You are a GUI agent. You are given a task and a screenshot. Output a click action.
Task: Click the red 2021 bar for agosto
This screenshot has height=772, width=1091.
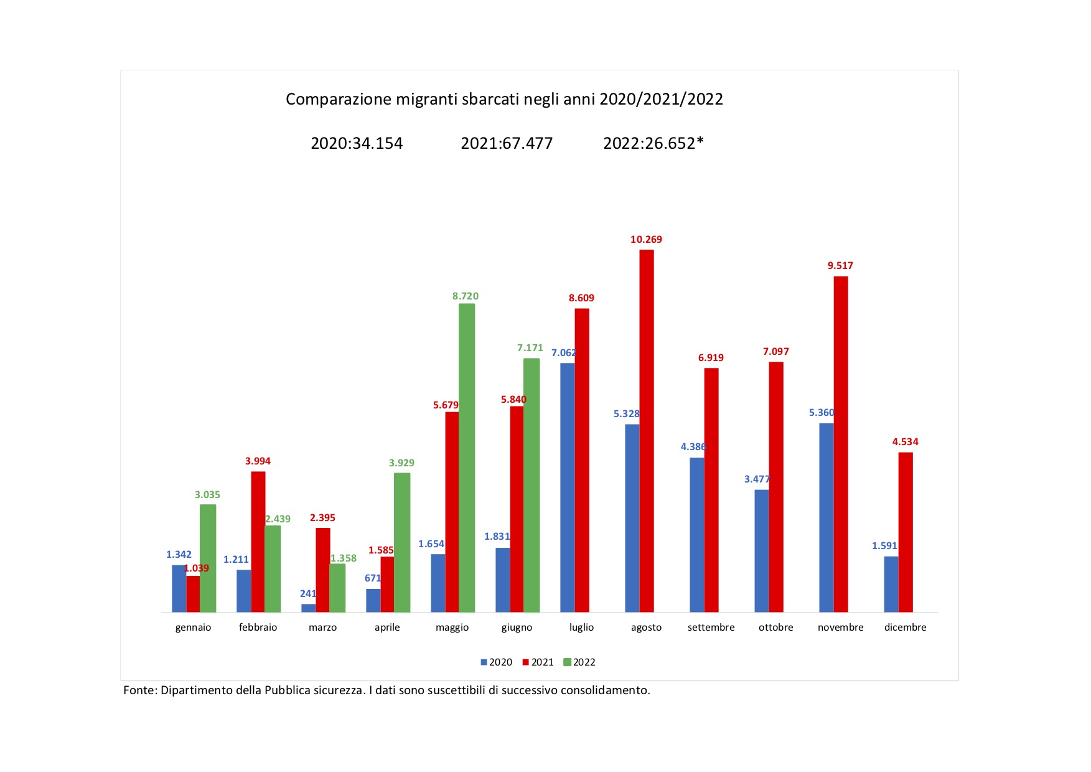coord(647,431)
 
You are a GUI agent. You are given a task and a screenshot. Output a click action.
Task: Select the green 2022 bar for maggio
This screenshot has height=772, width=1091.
coord(467,458)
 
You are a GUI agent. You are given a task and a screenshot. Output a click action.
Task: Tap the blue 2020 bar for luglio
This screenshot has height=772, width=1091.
coord(567,487)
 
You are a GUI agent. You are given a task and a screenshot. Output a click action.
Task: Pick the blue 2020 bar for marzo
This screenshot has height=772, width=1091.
coord(308,608)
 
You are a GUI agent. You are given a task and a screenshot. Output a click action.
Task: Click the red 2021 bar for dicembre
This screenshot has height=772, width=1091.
coord(906,532)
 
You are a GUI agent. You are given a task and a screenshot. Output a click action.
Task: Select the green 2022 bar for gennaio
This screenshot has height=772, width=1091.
coord(208,558)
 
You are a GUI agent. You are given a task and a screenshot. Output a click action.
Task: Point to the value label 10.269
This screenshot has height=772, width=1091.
coord(646,240)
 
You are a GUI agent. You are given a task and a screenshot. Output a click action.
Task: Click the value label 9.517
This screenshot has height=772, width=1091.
coord(840,266)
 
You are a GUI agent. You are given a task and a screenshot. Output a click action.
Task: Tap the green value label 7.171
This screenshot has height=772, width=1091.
coord(530,348)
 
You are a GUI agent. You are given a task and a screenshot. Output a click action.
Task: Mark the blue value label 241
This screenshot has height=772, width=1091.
coord(308,594)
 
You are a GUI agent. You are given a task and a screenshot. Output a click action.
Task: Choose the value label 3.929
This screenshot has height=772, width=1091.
coord(401,463)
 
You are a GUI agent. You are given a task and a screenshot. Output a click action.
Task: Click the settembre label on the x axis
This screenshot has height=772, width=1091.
coord(711,628)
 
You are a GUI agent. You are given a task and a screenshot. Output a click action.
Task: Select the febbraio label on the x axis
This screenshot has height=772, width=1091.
coord(258,628)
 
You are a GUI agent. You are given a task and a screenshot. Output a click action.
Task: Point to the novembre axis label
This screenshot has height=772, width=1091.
coord(840,628)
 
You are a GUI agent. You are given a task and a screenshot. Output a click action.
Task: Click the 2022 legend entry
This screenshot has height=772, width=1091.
coord(579,662)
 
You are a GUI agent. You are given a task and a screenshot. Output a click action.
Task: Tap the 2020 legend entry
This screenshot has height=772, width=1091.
coord(497,662)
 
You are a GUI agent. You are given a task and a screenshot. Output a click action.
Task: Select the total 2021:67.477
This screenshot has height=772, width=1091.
coord(507,144)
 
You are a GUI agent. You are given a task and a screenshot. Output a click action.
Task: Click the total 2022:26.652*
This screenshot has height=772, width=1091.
coord(653,144)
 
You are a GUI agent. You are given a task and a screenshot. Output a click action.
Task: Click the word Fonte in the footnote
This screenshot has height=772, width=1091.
coord(139,690)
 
